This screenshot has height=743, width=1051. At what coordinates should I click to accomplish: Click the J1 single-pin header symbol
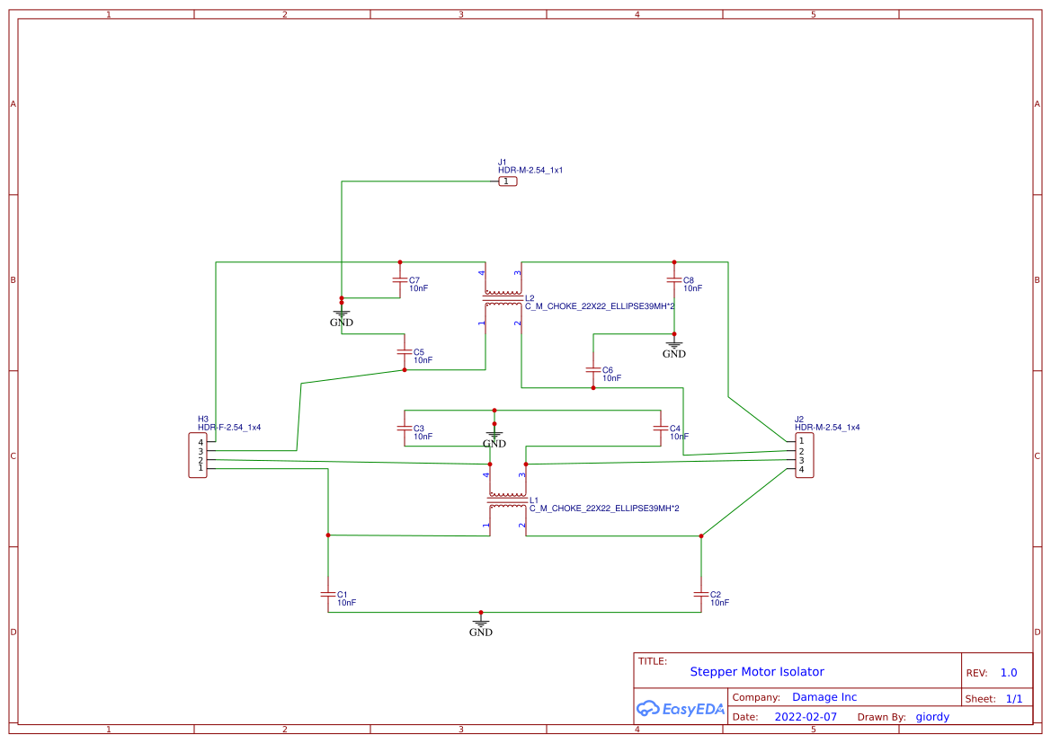click(x=508, y=181)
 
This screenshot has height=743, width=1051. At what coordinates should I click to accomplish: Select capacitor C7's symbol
click(x=400, y=280)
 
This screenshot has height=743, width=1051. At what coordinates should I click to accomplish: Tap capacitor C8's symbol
click(x=673, y=280)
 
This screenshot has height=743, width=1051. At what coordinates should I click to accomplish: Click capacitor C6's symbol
click(x=592, y=370)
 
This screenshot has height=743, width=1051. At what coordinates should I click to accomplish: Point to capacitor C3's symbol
click(x=405, y=429)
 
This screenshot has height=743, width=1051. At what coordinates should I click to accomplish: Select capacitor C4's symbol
click(x=661, y=429)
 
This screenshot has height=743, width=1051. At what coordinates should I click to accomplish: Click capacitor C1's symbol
click(x=328, y=595)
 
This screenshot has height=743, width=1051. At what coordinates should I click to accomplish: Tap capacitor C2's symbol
click(x=701, y=595)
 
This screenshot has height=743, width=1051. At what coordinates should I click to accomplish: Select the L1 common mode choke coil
click(x=507, y=496)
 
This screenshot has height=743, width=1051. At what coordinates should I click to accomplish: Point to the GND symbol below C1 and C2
click(x=481, y=624)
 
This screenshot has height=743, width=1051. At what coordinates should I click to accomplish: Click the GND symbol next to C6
click(x=673, y=346)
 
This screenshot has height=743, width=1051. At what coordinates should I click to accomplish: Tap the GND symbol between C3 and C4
click(x=494, y=437)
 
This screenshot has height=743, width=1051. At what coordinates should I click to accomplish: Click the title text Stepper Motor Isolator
click(x=756, y=672)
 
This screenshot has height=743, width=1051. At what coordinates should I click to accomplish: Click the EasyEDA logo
click(x=680, y=709)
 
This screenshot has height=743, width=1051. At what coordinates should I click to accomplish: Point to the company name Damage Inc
click(x=824, y=697)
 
